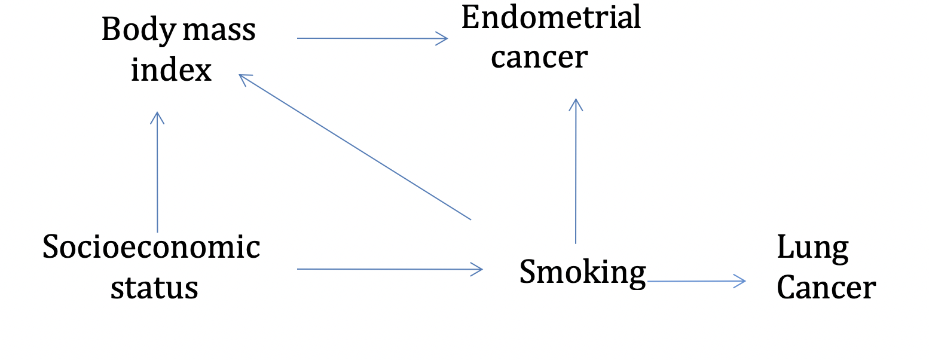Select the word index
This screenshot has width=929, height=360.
[172, 71]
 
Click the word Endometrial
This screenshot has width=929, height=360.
[551, 18]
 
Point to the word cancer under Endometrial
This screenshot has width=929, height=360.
[539, 57]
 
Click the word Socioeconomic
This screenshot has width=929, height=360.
[151, 247]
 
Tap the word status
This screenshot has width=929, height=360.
[154, 288]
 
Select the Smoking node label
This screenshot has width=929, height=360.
[582, 272]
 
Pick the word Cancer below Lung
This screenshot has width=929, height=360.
[826, 288]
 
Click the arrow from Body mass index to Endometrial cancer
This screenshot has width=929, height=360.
[371, 38]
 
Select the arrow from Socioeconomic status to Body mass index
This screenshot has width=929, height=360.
[157, 173]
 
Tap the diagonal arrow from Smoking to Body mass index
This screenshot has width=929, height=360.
[356, 147]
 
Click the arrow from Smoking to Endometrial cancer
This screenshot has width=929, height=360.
[575, 173]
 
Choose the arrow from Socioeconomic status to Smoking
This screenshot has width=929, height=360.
[389, 269]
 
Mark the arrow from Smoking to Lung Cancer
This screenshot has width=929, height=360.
[696, 280]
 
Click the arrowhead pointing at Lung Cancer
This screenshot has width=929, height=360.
[741, 280]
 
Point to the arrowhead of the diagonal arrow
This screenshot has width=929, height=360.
[244, 78]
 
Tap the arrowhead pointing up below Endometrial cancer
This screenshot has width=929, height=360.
[575, 103]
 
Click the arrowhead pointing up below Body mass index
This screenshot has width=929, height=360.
[157, 117]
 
